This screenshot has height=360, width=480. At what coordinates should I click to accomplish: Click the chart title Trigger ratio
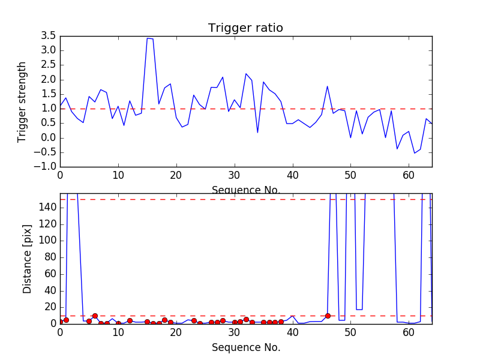click(x=245, y=28)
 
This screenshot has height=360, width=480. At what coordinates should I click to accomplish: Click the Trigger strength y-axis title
click(x=22, y=102)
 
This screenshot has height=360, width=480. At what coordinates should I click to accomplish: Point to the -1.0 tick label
click(x=46, y=167)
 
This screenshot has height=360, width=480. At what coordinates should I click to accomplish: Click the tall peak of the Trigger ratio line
click(x=148, y=38)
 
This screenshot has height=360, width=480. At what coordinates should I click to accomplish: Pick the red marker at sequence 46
click(x=328, y=316)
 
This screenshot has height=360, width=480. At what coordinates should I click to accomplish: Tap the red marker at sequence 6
click(x=95, y=316)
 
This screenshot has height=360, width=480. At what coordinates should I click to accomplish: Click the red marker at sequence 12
click(x=130, y=321)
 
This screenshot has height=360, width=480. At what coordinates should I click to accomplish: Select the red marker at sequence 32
click(x=246, y=319)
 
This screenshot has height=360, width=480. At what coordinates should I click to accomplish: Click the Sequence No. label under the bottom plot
click(x=245, y=347)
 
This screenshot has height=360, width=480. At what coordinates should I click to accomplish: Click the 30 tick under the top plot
click(x=234, y=175)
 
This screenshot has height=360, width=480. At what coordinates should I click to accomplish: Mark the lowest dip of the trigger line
click(x=415, y=153)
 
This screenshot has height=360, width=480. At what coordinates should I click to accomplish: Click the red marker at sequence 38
click(x=281, y=322)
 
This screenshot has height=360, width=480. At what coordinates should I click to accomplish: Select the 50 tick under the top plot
click(x=350, y=175)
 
